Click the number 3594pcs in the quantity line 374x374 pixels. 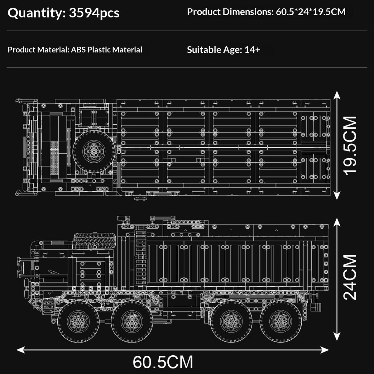click(x=94, y=13)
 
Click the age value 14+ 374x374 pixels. click(x=252, y=50)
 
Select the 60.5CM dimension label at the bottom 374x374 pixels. click(x=163, y=362)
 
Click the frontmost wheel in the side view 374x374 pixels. click(x=79, y=321)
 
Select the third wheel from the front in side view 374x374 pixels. click(x=231, y=321)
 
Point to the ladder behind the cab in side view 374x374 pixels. click(x=141, y=252)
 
